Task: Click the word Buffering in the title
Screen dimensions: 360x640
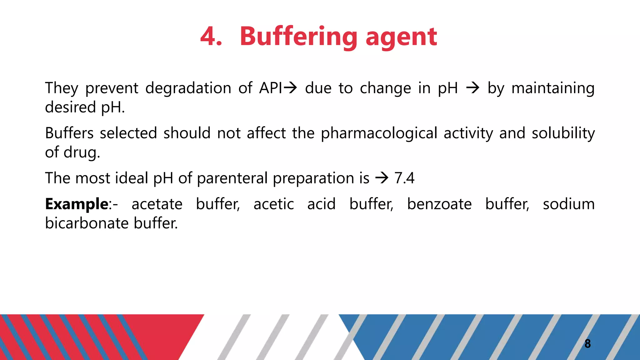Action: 298,37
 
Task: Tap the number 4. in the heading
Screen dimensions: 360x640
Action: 211,37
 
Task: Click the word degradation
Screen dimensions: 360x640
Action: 188,88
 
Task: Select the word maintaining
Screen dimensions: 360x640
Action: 553,88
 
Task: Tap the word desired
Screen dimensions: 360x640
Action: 70,107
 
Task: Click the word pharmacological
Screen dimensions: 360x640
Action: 379,133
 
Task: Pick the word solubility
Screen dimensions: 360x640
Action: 563,133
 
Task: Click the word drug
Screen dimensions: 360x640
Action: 82,153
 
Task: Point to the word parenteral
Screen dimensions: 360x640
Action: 232,178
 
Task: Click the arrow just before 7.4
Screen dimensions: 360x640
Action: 382,178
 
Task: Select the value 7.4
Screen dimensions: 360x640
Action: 404,178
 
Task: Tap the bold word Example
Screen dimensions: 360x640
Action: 77,204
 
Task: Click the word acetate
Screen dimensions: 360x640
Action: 157,204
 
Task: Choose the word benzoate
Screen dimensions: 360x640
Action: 439,204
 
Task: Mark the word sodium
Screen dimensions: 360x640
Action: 568,204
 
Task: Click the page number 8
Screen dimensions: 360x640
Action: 587,344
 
